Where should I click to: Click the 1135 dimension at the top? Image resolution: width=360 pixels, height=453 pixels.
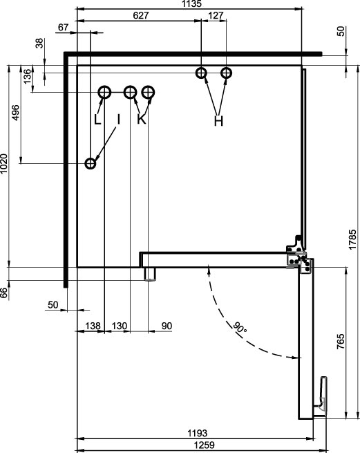coord(191,3)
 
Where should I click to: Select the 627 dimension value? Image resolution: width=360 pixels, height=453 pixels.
coord(140,15)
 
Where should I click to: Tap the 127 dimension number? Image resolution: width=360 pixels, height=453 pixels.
coord(216,15)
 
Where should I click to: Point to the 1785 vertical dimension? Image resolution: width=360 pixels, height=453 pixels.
coord(352,239)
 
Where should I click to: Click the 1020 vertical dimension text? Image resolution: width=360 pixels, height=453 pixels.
coord(4,163)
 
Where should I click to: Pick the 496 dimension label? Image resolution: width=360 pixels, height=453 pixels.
coord(16,113)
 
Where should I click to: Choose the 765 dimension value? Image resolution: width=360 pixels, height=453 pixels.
coord(341,342)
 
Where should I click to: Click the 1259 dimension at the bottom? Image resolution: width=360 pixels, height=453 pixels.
coord(205,445)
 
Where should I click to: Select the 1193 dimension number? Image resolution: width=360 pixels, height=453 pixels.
coord(198,434)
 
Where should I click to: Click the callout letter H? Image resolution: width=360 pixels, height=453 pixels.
coord(219,121)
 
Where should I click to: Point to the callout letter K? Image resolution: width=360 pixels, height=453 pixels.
coord(142,119)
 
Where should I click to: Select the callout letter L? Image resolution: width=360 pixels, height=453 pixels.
coord(97,119)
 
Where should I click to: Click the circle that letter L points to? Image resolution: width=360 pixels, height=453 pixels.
coord(104,93)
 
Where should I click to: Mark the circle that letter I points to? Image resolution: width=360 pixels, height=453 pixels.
coord(91,163)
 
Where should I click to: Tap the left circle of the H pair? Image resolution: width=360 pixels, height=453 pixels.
coord(201,73)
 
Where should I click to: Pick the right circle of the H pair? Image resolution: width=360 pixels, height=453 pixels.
coord(227,73)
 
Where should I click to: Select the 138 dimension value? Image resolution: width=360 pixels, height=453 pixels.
coord(93,326)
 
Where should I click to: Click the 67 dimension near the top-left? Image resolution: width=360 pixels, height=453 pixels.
coord(63,27)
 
